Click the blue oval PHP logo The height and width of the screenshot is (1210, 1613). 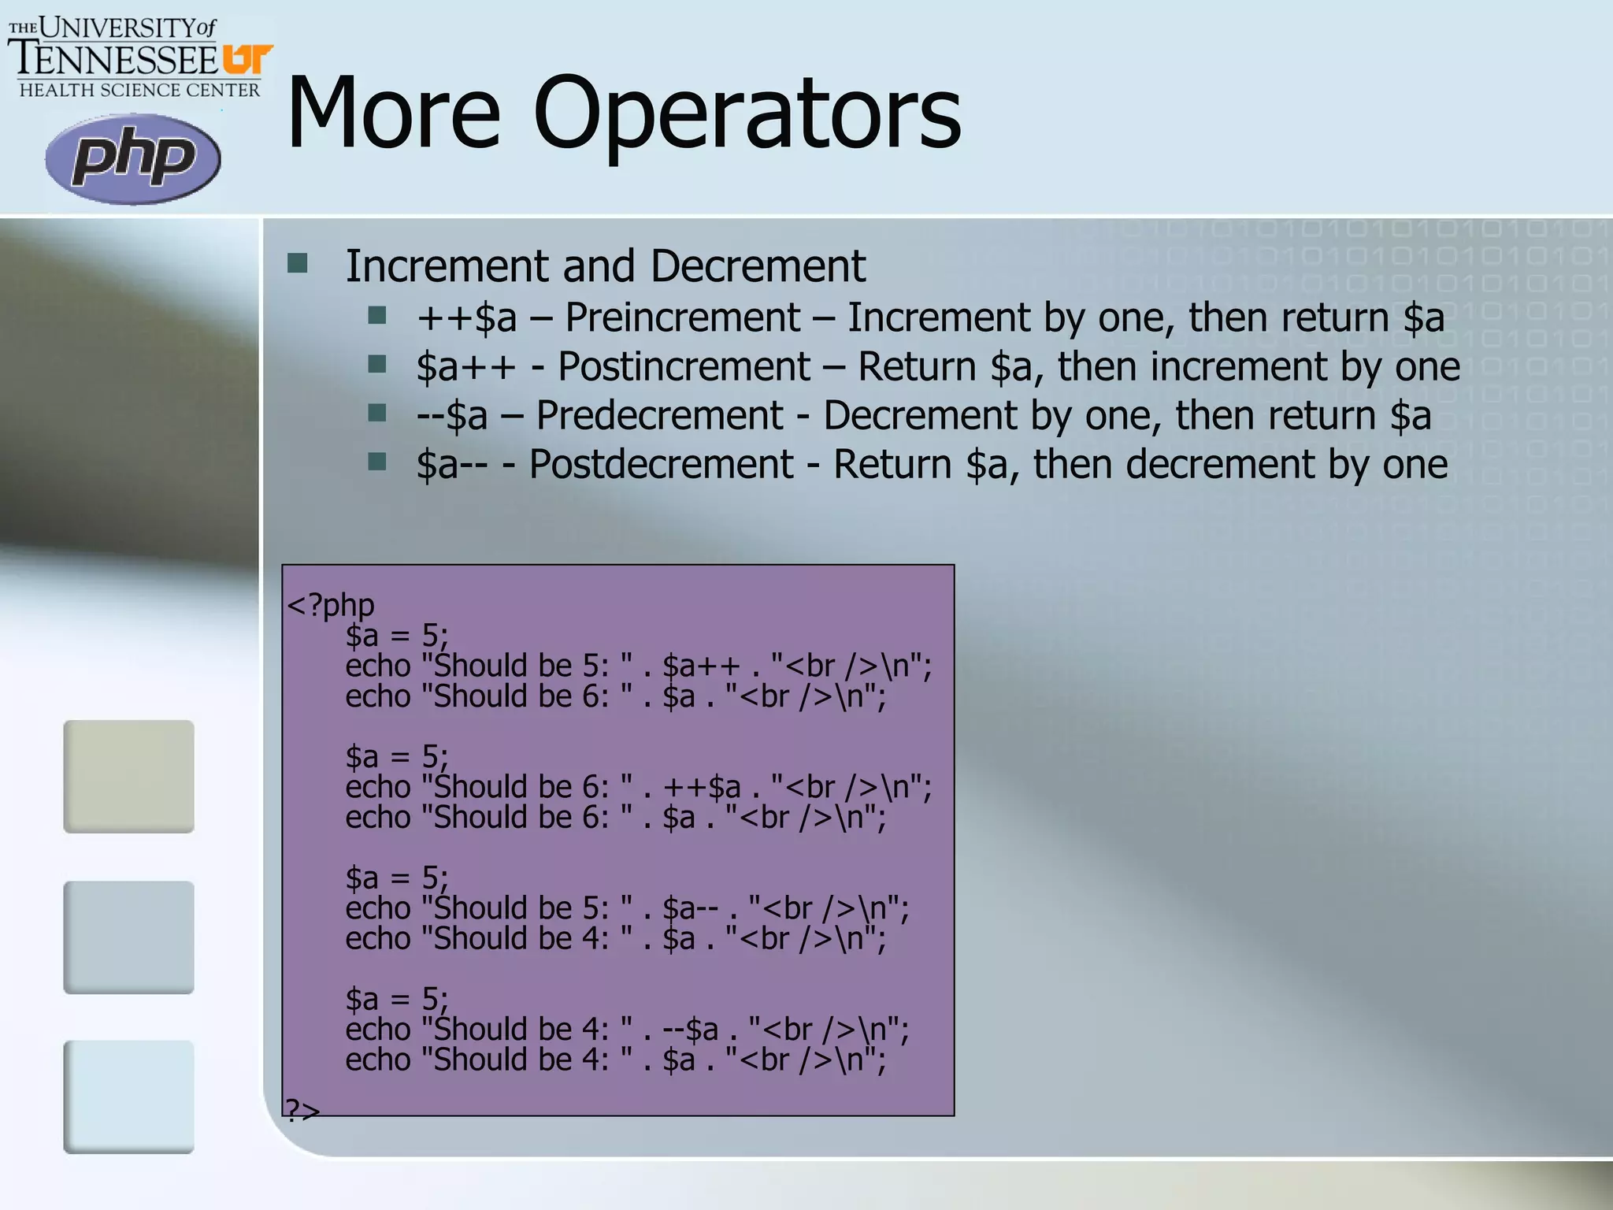click(132, 158)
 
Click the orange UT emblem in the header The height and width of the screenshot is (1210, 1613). click(247, 60)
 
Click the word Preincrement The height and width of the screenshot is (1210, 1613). click(682, 317)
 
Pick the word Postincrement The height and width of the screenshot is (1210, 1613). click(684, 366)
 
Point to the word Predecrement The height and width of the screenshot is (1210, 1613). click(659, 415)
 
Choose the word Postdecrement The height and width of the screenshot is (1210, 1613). click(661, 464)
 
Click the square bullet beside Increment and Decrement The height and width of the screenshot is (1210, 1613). click(298, 263)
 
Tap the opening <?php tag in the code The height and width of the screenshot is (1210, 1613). click(330, 605)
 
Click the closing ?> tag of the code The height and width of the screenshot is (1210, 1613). click(302, 1110)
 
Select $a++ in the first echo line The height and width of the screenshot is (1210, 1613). click(701, 666)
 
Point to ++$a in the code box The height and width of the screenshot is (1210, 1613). click(701, 787)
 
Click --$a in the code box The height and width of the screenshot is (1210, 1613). click(690, 1030)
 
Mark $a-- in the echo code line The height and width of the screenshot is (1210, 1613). click(690, 908)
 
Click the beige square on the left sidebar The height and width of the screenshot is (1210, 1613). click(128, 776)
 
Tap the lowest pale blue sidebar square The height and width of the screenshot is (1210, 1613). click(128, 1097)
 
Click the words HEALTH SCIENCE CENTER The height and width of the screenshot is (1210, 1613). click(139, 90)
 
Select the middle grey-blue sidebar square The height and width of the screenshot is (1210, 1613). click(128, 937)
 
